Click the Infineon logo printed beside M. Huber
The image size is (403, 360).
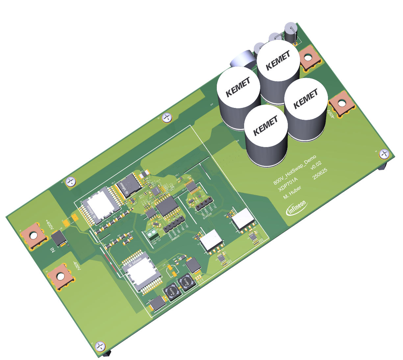pos(297,208)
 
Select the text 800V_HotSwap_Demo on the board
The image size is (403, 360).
pos(295,170)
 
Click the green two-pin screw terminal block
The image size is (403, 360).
pos(152,235)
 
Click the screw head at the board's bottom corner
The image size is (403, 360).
pos(100,346)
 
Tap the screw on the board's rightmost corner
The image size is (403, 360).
pos(384,154)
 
